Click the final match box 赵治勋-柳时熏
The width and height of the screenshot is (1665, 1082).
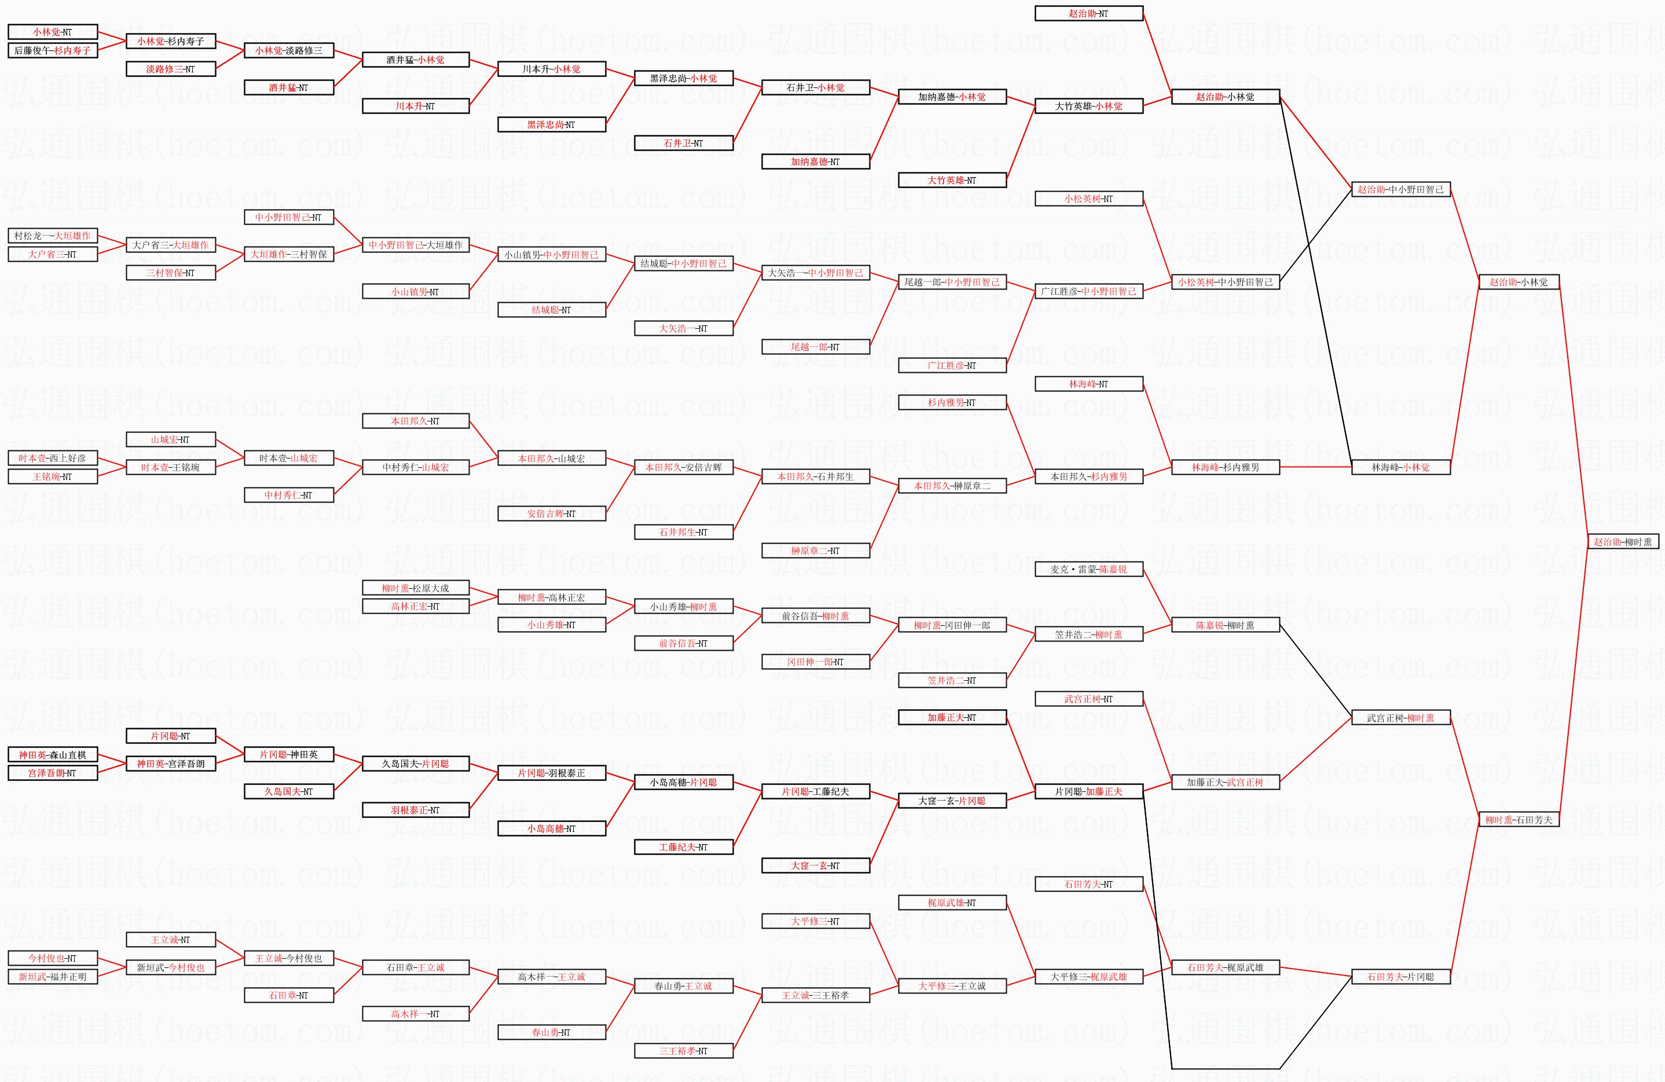click(1622, 541)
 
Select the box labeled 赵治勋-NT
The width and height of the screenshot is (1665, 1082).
click(1088, 13)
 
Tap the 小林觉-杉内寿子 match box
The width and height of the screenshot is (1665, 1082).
click(171, 41)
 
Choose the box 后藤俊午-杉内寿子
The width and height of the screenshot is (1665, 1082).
click(53, 50)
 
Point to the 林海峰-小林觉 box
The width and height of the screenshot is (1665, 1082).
click(1400, 467)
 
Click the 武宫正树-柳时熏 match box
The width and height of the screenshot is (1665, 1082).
click(1400, 718)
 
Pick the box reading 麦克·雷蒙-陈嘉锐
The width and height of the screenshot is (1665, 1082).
click(1088, 569)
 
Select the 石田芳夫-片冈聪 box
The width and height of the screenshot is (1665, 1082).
click(1400, 977)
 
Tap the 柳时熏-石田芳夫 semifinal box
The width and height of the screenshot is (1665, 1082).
click(1518, 820)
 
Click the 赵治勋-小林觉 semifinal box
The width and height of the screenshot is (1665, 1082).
click(1518, 282)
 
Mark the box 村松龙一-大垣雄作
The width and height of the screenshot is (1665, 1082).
click(53, 236)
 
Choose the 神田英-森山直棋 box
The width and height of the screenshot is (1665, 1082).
click(53, 755)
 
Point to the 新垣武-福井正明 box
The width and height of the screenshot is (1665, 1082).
click(53, 977)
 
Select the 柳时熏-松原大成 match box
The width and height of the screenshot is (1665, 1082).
click(416, 588)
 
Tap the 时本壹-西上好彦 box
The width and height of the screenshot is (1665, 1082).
click(53, 458)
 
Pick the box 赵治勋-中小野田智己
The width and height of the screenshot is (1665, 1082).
click(1400, 189)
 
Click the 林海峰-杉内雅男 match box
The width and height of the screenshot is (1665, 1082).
click(1225, 467)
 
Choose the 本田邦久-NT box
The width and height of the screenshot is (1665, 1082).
click(416, 421)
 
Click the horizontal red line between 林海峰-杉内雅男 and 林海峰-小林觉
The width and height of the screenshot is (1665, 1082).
click(1315, 467)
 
